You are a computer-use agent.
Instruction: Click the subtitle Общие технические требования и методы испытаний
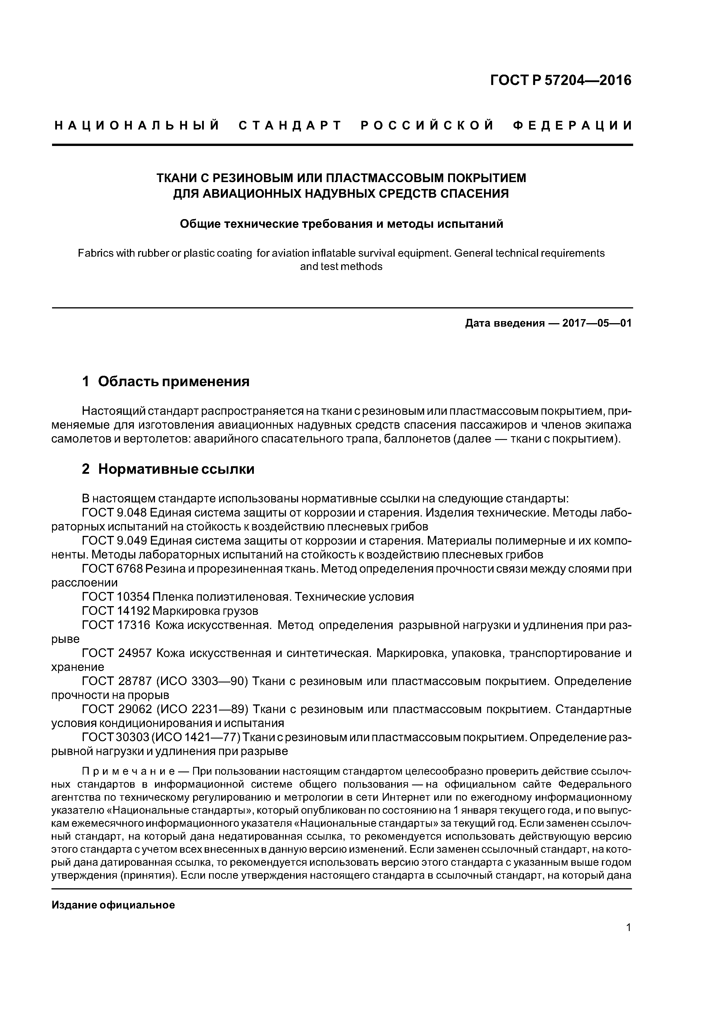341,224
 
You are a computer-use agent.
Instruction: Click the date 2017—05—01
596,323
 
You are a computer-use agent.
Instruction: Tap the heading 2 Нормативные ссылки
168,469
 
